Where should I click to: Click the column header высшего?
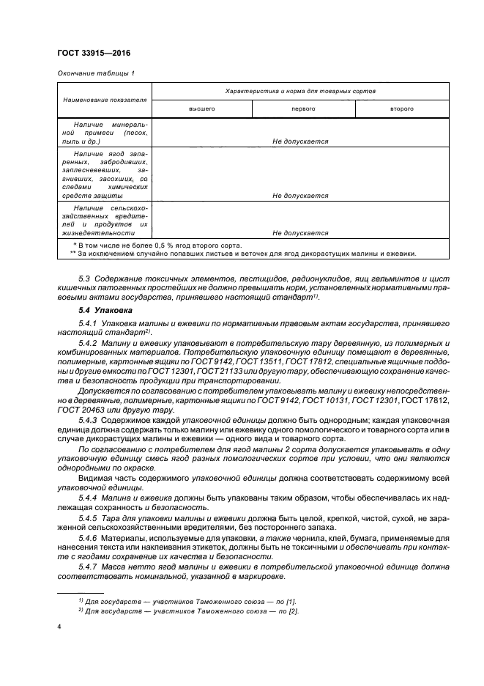201,108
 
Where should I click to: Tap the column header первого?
303,108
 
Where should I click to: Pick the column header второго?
402,108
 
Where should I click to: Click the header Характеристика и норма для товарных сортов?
300,91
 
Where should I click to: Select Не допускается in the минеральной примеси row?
300,141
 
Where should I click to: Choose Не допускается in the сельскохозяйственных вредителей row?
300,233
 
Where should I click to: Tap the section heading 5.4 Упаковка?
101,311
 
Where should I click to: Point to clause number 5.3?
83,281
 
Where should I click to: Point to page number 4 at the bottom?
59,627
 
